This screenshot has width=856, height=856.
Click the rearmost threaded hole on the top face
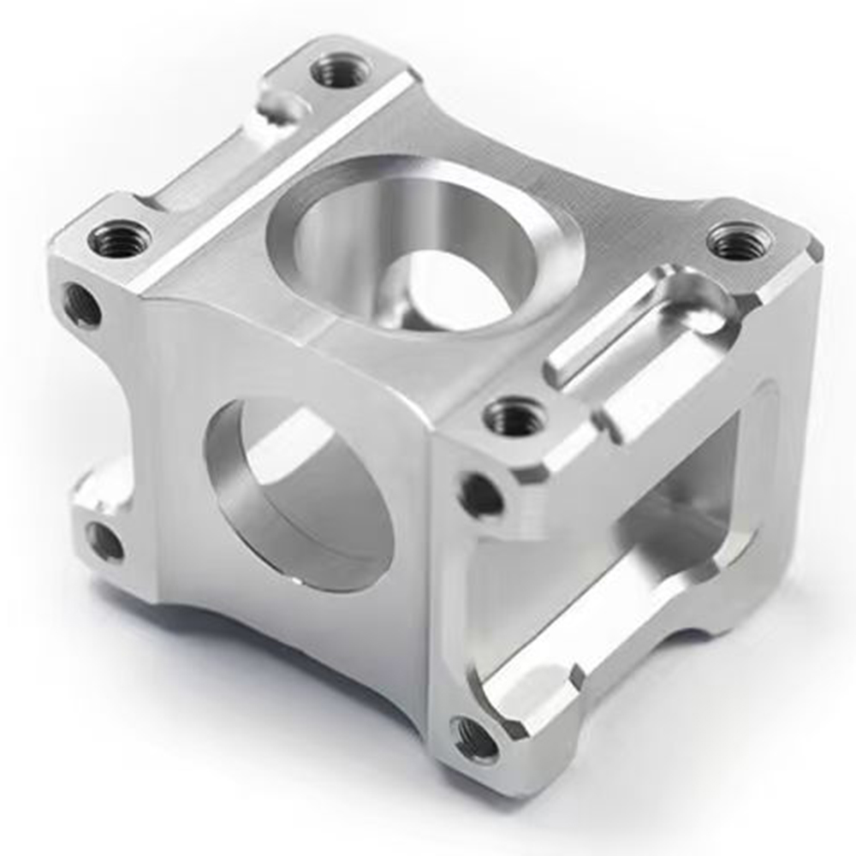click(x=341, y=71)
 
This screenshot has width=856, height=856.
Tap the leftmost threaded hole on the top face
click(x=120, y=239)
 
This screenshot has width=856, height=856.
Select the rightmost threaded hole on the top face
click(x=739, y=241)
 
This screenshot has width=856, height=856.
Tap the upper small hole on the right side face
click(x=481, y=495)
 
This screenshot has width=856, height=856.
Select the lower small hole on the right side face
click(x=474, y=738)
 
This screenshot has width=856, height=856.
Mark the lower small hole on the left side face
click(x=104, y=541)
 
